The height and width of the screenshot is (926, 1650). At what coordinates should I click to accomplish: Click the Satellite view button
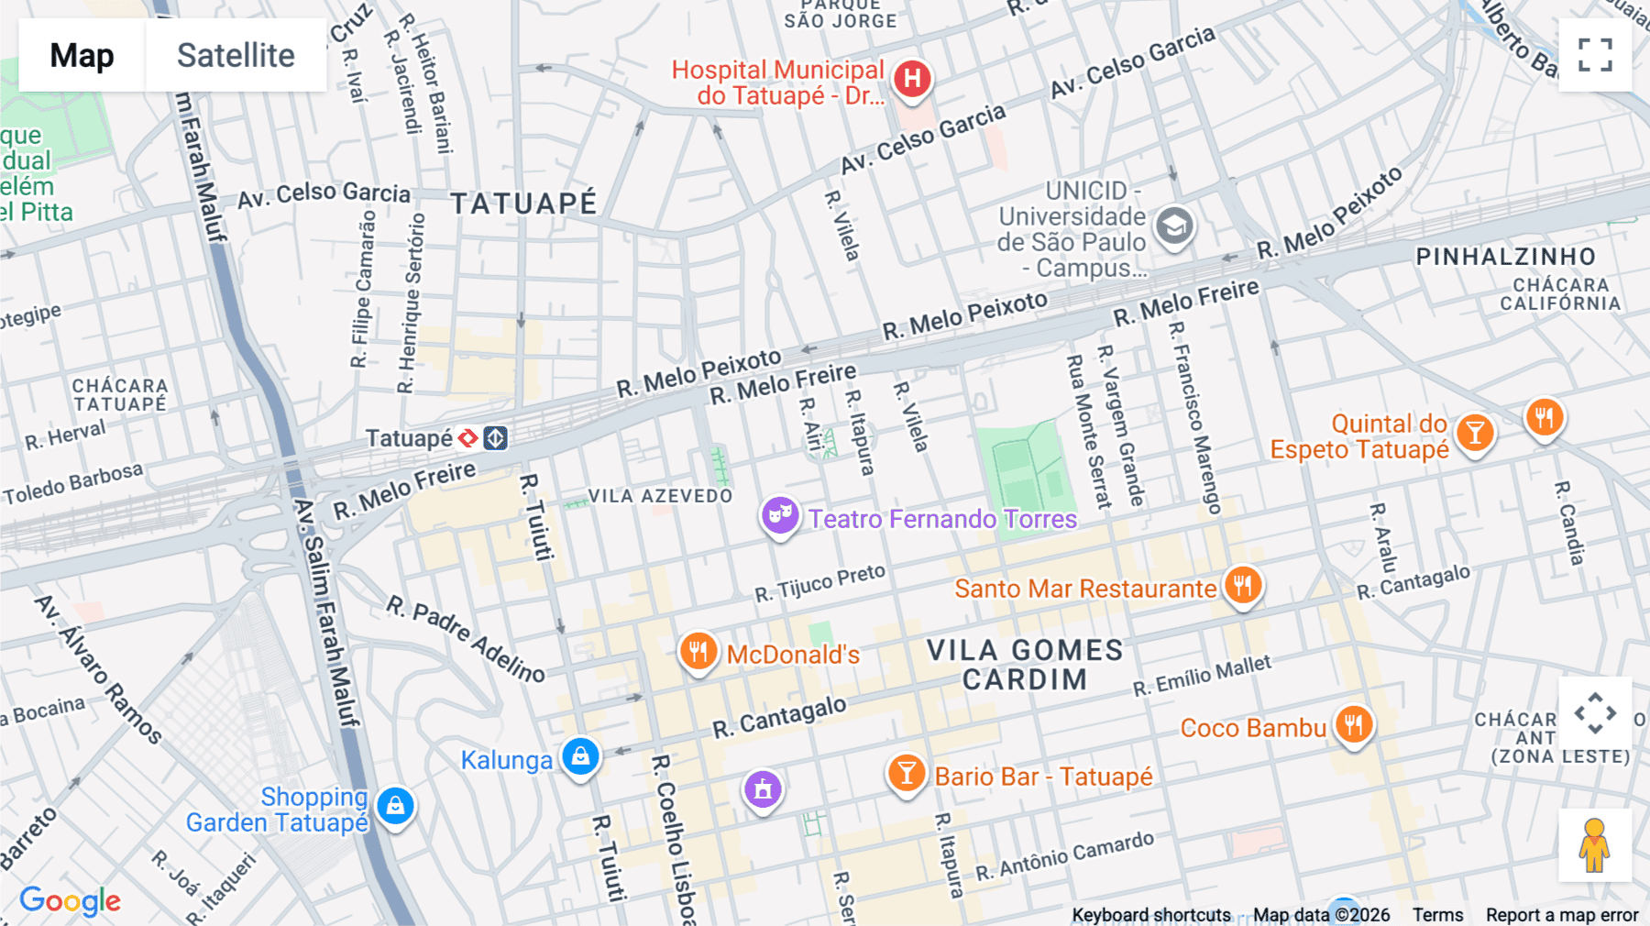click(x=236, y=55)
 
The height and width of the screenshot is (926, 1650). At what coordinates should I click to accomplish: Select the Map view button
click(x=82, y=55)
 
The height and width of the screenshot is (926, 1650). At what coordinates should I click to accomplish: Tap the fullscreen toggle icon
click(x=1595, y=55)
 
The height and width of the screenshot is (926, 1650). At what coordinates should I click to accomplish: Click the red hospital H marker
click(x=912, y=79)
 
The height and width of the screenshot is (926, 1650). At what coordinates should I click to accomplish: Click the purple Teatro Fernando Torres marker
click(x=780, y=516)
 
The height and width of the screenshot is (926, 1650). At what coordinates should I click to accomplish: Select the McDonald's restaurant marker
click(x=698, y=652)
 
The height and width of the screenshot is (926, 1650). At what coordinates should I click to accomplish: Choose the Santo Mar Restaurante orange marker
click(x=1243, y=585)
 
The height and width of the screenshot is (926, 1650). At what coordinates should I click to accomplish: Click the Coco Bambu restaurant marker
click(x=1354, y=725)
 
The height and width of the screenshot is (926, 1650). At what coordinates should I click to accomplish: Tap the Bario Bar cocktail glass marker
click(x=906, y=774)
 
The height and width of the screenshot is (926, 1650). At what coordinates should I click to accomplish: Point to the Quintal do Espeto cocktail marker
click(x=1475, y=432)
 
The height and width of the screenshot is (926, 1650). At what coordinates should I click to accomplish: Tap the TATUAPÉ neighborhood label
click(x=523, y=204)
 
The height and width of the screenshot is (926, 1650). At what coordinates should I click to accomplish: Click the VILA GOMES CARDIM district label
click(x=1024, y=665)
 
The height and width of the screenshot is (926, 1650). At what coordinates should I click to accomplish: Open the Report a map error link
click(x=1561, y=915)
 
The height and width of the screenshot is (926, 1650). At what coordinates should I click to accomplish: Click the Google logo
click(x=71, y=901)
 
